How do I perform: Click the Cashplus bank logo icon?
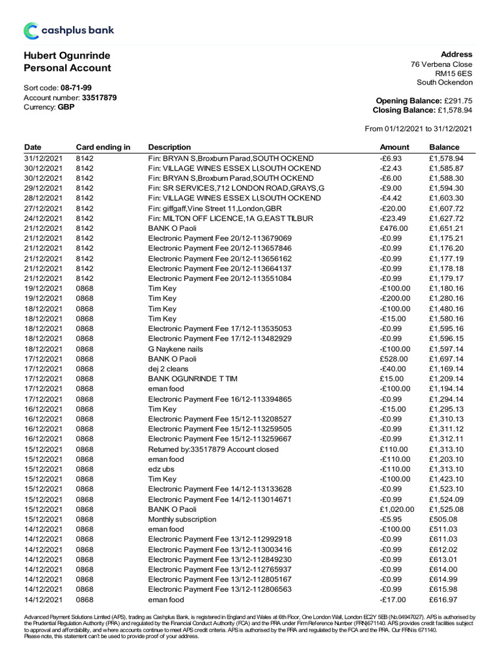[x=31, y=31]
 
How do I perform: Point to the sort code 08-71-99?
[x=76, y=87]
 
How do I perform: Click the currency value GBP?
[x=66, y=107]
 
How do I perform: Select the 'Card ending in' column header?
[x=103, y=147]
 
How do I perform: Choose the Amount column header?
[x=395, y=147]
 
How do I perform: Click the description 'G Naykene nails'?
[x=176, y=349]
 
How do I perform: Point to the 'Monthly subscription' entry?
[x=182, y=519]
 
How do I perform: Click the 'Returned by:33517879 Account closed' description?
[x=213, y=449]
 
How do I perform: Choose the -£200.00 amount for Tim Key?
[x=395, y=299]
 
